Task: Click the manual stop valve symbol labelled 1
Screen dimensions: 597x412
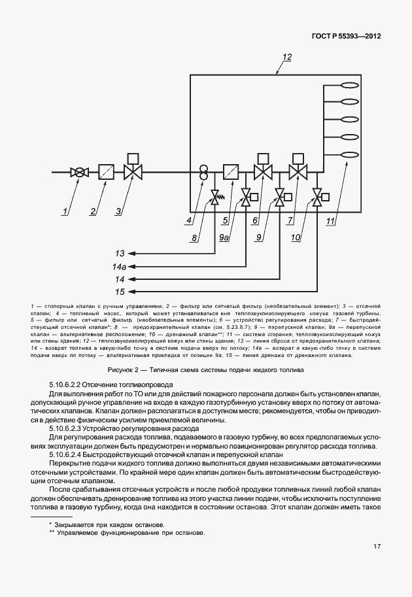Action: tap(79, 173)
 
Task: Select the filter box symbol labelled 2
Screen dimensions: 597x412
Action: tap(106, 173)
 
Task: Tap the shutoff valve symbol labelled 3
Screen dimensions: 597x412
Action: tap(133, 173)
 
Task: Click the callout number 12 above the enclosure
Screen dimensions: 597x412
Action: tap(286, 58)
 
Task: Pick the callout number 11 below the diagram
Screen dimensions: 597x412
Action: tap(330, 221)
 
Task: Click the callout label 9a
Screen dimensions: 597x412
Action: tap(224, 240)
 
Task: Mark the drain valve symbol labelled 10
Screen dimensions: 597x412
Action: tap(317, 196)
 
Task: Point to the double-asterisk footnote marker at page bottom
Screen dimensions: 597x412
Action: tap(52, 532)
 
